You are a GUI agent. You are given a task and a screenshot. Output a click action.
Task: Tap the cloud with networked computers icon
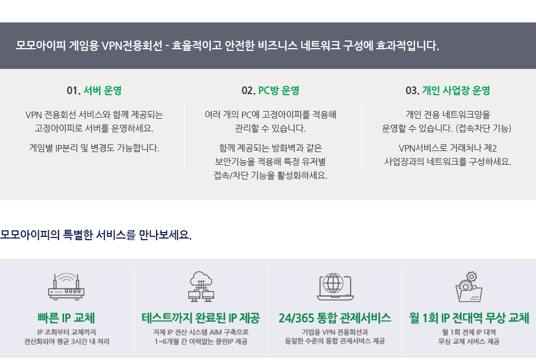201,287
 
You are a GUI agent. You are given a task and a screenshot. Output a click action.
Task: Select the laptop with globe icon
335,287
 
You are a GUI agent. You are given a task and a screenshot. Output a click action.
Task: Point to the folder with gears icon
469,287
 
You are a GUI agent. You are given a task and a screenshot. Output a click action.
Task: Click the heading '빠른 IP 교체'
66,318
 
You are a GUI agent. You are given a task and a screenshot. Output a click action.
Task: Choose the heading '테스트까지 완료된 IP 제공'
201,318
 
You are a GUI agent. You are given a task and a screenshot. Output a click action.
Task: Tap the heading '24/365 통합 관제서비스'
335,318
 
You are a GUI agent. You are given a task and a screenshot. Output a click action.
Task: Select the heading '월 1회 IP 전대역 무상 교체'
469,318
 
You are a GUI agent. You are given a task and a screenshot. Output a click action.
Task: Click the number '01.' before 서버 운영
73,90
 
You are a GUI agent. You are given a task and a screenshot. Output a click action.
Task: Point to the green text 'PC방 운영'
279,90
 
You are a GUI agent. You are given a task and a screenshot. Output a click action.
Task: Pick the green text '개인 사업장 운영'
456,90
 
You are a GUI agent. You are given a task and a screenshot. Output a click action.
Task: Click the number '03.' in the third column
412,90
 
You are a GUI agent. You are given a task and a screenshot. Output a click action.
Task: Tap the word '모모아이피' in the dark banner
41,45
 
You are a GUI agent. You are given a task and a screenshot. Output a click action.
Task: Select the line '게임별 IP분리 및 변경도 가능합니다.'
94,148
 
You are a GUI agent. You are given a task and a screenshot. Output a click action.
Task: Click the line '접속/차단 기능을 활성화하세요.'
270,175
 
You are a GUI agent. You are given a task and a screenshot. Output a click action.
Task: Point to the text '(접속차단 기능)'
483,129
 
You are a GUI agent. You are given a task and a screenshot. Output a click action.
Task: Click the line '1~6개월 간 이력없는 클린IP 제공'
201,341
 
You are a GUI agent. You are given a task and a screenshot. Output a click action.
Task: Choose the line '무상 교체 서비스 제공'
469,341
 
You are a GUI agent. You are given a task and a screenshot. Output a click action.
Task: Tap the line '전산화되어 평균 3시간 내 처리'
67,341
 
